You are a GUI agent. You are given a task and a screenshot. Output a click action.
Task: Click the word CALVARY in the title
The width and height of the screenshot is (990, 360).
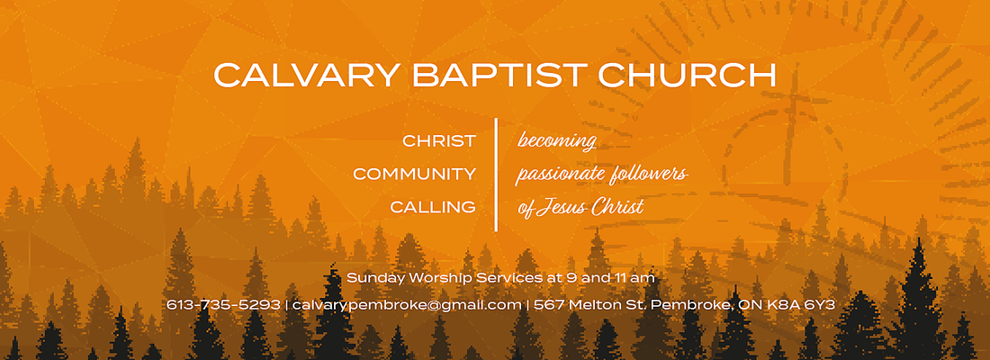[306, 76]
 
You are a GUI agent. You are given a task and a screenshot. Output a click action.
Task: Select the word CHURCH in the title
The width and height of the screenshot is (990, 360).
[687, 76]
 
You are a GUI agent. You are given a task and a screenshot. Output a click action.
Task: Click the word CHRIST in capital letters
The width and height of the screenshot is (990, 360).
[439, 140]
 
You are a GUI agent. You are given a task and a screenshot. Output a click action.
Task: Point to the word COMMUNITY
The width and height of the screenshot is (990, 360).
[414, 175]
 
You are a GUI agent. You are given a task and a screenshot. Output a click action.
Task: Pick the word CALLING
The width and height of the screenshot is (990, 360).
[433, 207]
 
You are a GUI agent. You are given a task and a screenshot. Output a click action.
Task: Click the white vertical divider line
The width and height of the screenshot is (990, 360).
[496, 175]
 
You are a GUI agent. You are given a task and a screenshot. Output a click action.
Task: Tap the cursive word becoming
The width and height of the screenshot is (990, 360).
[557, 140]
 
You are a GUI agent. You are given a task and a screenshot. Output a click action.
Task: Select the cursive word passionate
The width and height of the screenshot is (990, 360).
[560, 175]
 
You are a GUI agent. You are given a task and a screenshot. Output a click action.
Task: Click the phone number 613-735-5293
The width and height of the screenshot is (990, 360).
[223, 305]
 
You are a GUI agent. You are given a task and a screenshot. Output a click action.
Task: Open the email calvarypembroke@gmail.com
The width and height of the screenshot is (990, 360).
[407, 306]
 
